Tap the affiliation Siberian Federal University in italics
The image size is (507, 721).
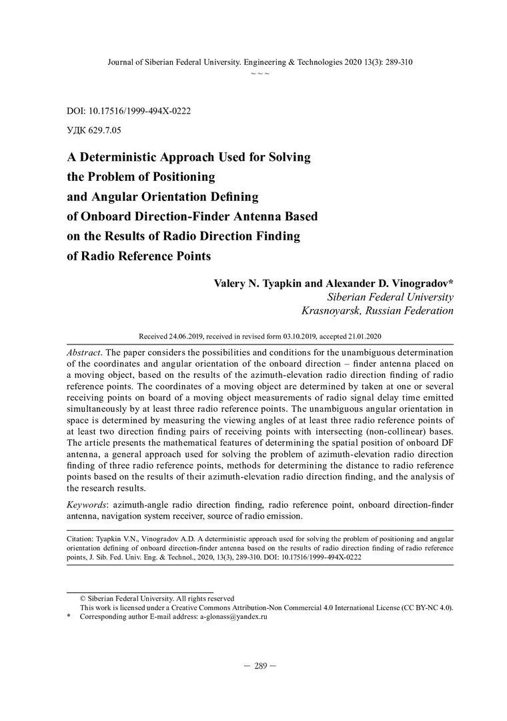tap(390, 297)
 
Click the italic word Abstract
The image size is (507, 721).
tap(84, 351)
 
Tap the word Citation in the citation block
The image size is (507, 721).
tap(81, 537)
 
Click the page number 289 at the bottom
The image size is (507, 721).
tap(260, 666)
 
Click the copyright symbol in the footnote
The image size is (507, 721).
tap(83, 599)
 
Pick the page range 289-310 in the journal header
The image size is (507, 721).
tap(397, 62)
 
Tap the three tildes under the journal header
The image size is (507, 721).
tap(260, 72)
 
